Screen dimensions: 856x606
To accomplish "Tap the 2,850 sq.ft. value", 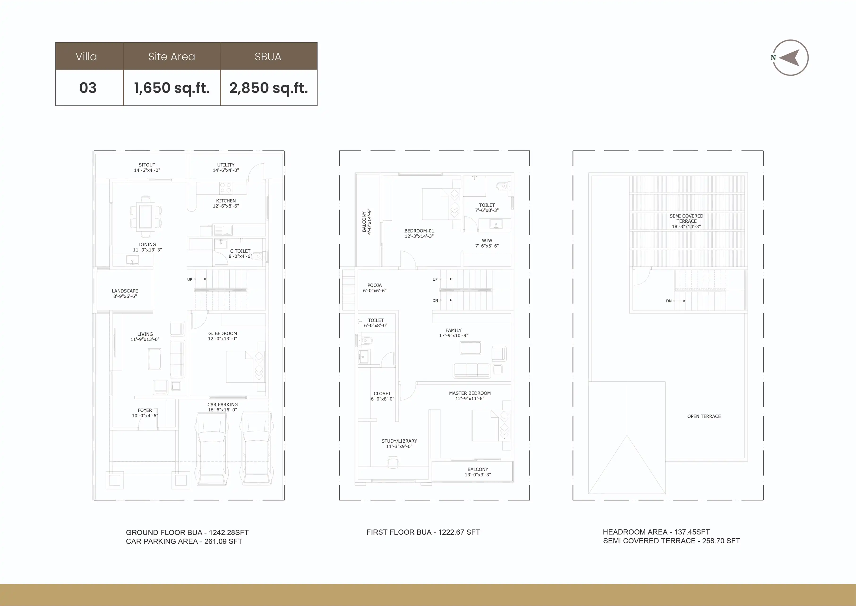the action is click(x=268, y=88).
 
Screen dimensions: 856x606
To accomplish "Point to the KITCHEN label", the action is click(x=226, y=201).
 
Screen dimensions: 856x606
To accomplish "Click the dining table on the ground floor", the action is click(x=146, y=216).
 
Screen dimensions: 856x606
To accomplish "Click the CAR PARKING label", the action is click(x=223, y=405).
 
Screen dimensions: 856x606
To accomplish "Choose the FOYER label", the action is click(x=145, y=410).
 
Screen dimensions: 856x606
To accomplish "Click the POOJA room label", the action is click(x=375, y=285).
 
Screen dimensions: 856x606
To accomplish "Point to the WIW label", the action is click(x=487, y=241).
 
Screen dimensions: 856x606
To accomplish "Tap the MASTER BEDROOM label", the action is click(x=470, y=393).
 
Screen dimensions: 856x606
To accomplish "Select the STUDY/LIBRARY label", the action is click(x=399, y=441).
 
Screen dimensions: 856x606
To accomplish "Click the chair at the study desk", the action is click(x=393, y=463).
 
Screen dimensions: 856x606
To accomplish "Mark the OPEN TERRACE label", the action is click(x=704, y=416).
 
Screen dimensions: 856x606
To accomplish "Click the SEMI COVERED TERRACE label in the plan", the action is click(x=686, y=219).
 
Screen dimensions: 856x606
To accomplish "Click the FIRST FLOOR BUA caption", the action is click(x=423, y=532).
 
